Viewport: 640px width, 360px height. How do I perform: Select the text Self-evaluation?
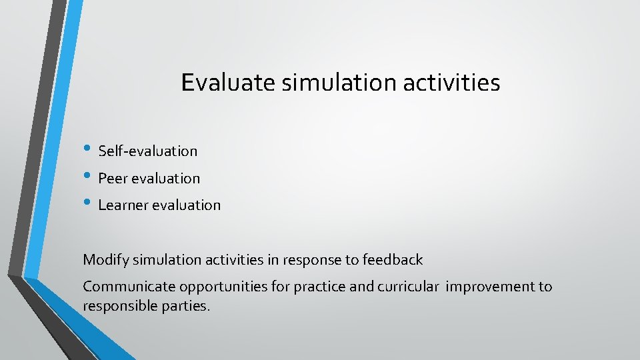click(x=148, y=151)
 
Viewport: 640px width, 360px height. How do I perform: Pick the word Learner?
click(x=123, y=205)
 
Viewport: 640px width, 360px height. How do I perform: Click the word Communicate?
click(x=124, y=287)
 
